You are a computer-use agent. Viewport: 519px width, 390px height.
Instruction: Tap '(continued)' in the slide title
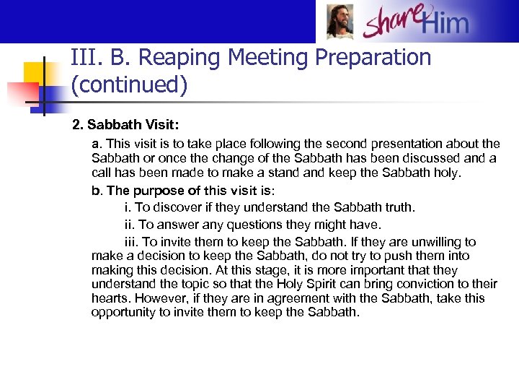[x=130, y=84]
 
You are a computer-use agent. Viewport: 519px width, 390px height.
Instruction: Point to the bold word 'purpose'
[x=167, y=191]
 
